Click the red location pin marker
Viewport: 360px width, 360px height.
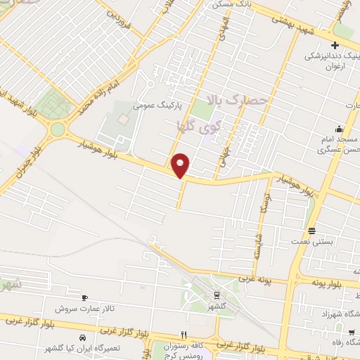[181, 165]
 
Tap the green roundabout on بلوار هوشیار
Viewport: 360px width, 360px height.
[56, 129]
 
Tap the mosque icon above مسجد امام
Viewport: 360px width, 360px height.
[339, 129]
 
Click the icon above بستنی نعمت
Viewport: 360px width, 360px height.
[311, 230]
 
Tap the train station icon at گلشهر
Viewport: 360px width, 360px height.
[215, 295]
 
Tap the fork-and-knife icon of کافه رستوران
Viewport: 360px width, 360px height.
[184, 335]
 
